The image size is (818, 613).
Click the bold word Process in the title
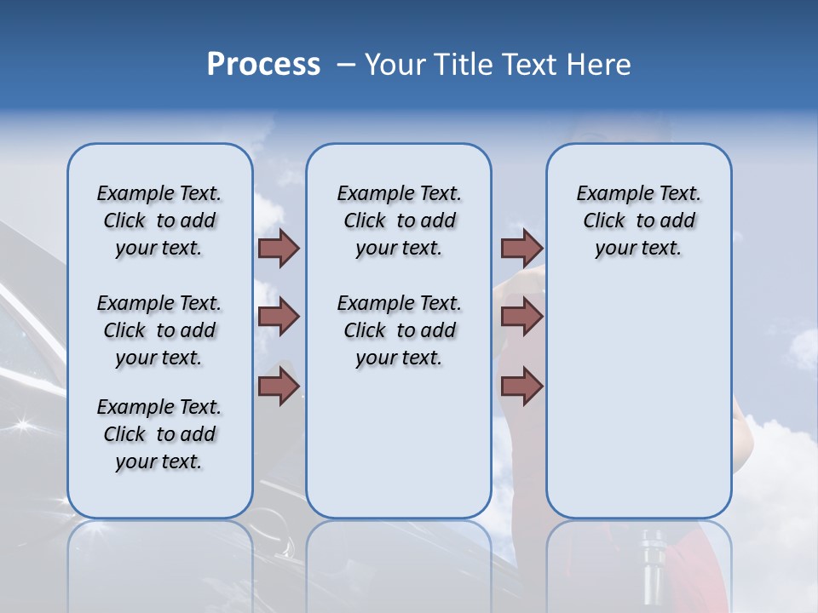[263, 65]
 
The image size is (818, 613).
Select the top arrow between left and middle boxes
[279, 248]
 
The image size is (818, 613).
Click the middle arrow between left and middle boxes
[279, 317]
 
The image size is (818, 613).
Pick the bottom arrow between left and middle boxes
[279, 387]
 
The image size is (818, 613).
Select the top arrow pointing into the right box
[521, 248]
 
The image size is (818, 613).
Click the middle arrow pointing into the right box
[521, 317]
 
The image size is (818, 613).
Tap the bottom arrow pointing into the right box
[521, 387]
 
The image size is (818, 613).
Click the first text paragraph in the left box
[159, 221]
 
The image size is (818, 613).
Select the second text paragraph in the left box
[159, 330]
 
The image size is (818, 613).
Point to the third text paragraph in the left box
[159, 434]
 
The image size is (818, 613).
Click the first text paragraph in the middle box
[399, 221]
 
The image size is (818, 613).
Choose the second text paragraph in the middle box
[399, 330]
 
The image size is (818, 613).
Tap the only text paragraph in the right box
[638, 221]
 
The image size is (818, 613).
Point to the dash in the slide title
[345, 65]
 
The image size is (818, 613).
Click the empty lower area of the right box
[638, 409]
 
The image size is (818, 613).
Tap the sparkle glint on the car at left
[21, 423]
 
